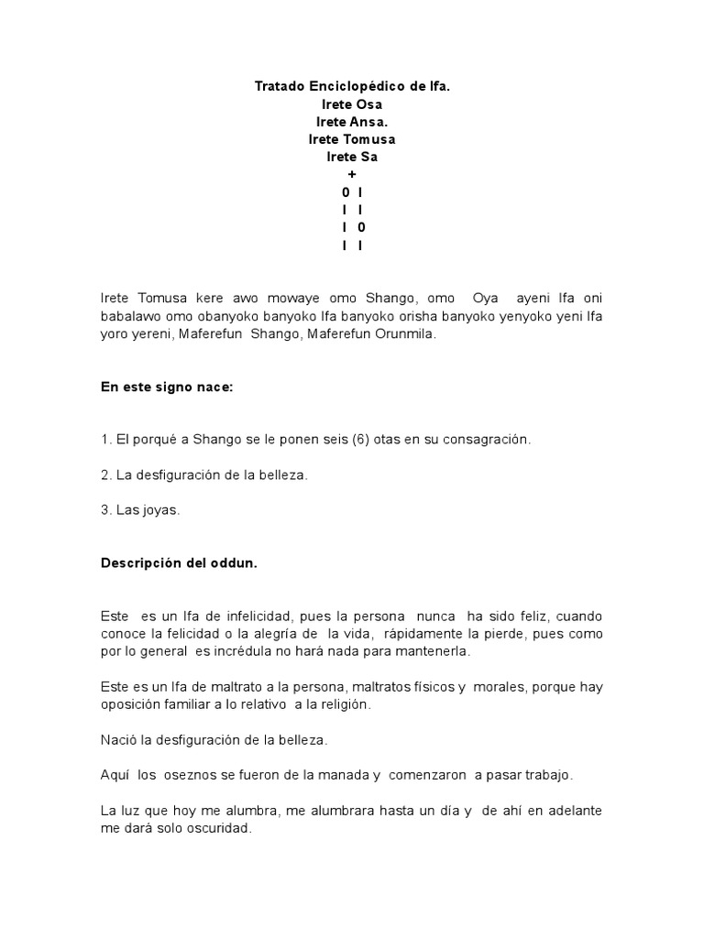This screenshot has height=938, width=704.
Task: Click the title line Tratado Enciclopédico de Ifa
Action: pos(352,87)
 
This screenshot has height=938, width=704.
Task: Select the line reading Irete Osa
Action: pos(352,104)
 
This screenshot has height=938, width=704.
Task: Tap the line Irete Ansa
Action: pos(352,122)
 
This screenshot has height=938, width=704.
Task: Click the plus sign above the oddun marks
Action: pos(352,174)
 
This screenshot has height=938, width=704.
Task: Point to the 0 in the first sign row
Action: pos(345,192)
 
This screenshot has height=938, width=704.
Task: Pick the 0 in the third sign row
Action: pos(361,227)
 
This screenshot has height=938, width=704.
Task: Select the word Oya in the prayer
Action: pos(485,300)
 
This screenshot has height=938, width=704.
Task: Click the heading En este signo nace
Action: pos(167,387)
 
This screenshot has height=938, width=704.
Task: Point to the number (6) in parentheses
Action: pos(363,440)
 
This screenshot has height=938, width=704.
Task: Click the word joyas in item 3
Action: pos(159,510)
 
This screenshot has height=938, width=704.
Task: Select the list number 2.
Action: pos(104,475)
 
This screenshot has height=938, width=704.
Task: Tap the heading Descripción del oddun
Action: pos(179,563)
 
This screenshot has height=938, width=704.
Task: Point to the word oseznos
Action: pos(192,775)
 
